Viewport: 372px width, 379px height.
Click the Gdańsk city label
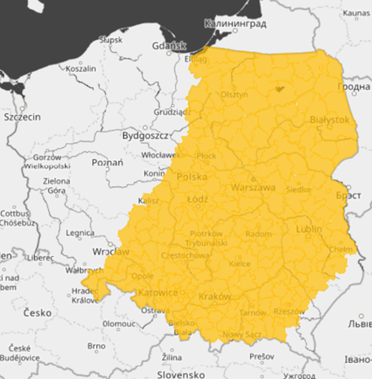(x=173, y=46)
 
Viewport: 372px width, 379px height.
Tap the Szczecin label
(x=22, y=117)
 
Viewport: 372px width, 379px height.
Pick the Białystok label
(x=330, y=120)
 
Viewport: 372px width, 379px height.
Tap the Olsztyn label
(x=234, y=94)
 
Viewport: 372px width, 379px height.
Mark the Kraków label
(x=215, y=296)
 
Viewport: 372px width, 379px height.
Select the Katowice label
(x=157, y=292)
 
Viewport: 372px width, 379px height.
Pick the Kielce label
(x=239, y=264)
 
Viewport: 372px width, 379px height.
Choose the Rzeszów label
(x=290, y=311)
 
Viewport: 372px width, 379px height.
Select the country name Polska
(x=192, y=176)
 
